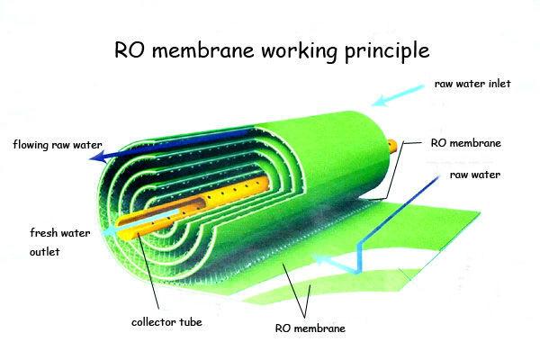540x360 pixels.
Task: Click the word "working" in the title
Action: (298, 51)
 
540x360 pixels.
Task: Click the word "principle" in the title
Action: (387, 51)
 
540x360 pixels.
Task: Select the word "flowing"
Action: (31, 145)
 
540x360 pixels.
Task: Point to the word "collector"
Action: (154, 322)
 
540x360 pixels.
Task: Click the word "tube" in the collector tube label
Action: (191, 322)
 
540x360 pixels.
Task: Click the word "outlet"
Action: (44, 252)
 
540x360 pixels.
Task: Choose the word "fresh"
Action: (43, 233)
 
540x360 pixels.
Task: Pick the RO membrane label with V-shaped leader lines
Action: (310, 328)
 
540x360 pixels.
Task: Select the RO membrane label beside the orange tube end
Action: (465, 143)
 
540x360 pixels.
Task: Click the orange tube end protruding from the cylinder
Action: (391, 146)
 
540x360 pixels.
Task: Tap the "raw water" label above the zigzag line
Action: (475, 175)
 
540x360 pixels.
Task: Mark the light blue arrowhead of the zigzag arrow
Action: (319, 259)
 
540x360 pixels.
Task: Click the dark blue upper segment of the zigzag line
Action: (400, 209)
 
